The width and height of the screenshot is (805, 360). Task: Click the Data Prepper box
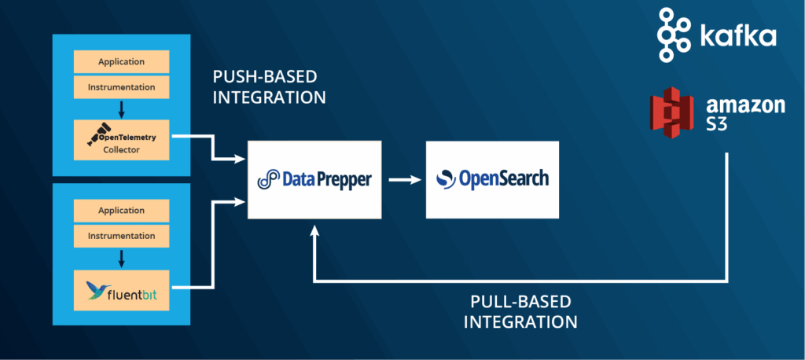click(314, 180)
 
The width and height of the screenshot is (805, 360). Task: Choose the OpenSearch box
click(492, 180)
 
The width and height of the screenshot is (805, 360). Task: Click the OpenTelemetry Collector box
click(121, 141)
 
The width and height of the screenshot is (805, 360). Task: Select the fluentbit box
click(121, 291)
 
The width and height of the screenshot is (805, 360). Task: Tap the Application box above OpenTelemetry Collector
click(121, 62)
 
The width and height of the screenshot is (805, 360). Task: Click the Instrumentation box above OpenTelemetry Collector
click(121, 86)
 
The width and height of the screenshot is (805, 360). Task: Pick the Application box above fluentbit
click(121, 211)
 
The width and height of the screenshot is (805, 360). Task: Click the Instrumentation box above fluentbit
click(121, 235)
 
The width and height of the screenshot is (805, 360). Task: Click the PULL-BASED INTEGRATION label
click(520, 311)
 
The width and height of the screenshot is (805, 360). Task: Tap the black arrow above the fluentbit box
click(121, 258)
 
